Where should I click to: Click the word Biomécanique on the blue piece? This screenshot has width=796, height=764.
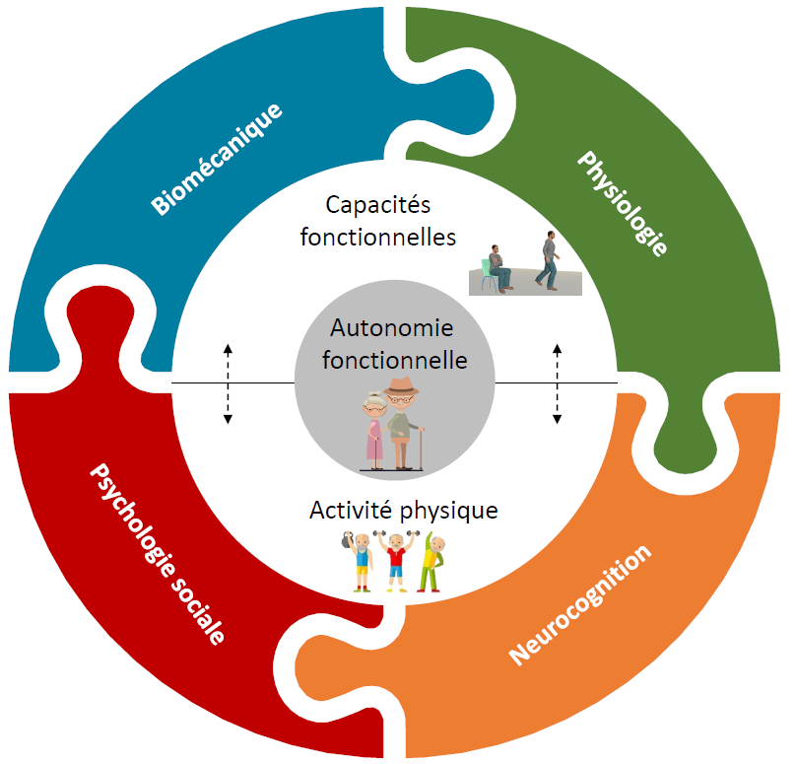click(217, 158)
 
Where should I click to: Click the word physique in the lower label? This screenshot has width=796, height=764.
click(449, 512)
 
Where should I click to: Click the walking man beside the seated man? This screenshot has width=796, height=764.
click(548, 260)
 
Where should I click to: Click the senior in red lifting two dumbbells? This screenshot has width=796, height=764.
click(396, 562)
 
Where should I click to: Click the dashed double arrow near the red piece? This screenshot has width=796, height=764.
click(228, 383)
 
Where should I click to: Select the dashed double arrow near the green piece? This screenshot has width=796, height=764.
click(557, 383)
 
